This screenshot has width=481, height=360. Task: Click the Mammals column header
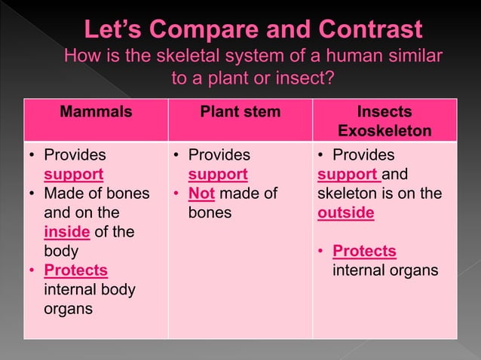tap(96, 112)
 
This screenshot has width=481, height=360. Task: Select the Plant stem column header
tap(240, 112)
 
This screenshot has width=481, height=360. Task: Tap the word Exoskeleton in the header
tap(384, 131)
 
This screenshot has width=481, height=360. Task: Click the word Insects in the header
tap(384, 112)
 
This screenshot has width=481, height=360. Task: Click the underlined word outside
tap(346, 212)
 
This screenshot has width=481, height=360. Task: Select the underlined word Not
tap(202, 194)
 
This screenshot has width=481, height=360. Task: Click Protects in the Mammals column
tap(75, 270)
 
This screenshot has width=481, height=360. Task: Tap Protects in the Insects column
tap(364, 251)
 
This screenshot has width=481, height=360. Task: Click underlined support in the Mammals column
tap(73, 175)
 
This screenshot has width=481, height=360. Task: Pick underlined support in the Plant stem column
tap(218, 175)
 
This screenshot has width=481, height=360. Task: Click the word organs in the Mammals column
tap(69, 309)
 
